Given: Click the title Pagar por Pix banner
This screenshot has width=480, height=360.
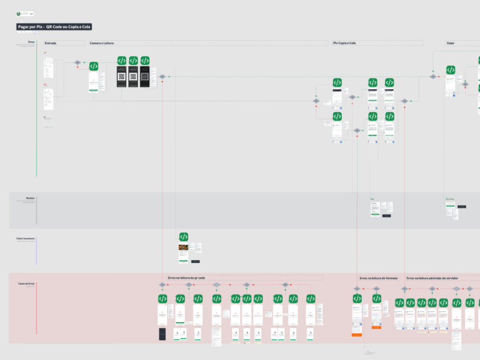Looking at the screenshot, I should [54, 27].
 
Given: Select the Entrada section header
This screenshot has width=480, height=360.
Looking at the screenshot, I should [50, 43].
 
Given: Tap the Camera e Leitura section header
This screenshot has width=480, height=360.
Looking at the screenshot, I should [101, 43].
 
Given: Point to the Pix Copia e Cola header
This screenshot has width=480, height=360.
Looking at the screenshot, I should [344, 43].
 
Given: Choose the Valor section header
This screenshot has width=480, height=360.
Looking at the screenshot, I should [450, 43].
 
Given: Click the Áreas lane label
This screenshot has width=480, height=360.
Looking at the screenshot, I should [31, 42].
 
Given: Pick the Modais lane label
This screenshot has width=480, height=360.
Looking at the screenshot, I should [30, 197].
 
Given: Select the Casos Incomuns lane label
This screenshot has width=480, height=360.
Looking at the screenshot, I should [26, 238].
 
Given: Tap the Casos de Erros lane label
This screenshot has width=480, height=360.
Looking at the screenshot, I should [26, 283].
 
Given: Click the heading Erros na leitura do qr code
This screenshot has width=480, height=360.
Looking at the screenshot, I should [187, 278].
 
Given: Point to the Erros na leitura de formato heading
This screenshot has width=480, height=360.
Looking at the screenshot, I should [379, 278].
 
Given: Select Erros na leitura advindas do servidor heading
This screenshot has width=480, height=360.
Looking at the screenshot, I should [433, 278].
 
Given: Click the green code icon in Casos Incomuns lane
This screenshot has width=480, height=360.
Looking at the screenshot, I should [184, 236].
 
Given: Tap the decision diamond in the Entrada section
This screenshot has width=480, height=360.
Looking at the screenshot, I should [77, 62].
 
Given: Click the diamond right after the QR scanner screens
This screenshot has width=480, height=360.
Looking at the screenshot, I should [162, 77].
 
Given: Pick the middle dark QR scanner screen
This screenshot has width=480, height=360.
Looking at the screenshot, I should [133, 77].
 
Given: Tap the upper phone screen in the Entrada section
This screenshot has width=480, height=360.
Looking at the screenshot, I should [49, 67].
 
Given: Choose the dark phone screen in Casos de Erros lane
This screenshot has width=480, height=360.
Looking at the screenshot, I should [163, 334].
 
